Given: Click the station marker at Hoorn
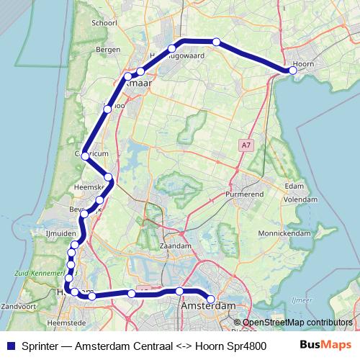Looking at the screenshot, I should [292, 71].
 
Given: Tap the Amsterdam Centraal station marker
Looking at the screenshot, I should [211, 299].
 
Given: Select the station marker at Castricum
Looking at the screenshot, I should [85, 156].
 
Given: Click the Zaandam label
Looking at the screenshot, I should [176, 246].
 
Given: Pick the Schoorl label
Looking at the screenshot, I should [104, 22].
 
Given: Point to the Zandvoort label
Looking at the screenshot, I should [19, 307].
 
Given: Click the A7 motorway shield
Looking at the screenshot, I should [247, 145].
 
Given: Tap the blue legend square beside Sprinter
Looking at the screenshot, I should [10, 345].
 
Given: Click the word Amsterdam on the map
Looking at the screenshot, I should [209, 307].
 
